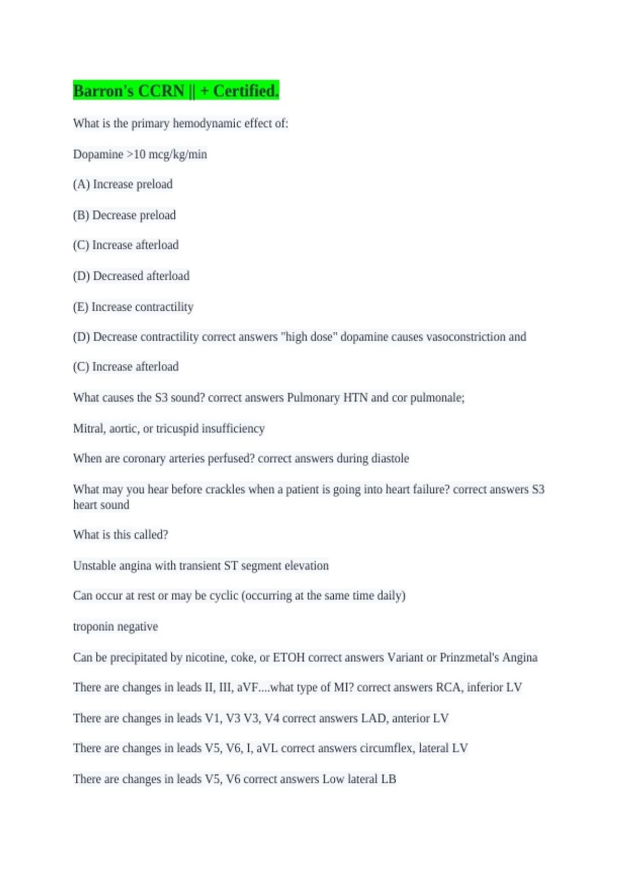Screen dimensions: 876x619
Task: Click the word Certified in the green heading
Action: click(246, 91)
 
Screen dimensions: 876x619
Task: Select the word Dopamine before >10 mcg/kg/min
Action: click(98, 154)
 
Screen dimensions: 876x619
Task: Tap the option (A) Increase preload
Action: click(123, 184)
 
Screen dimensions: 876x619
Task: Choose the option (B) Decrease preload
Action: click(124, 215)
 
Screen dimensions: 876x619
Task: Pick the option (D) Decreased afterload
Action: click(131, 276)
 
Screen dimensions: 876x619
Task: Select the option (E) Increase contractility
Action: click(133, 307)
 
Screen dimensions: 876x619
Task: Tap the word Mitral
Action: click(89, 428)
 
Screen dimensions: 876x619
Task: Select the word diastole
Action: click(390, 458)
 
